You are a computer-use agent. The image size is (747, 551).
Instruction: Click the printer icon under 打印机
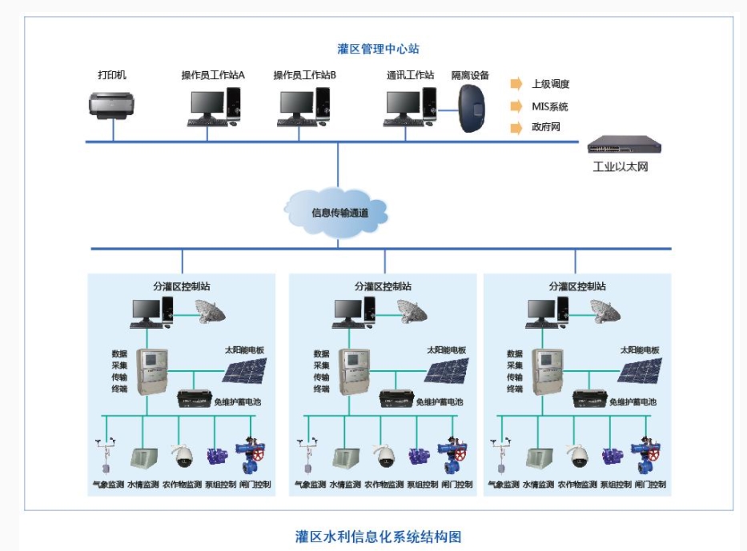112,105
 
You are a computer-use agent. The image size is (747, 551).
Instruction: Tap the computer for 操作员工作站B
304,106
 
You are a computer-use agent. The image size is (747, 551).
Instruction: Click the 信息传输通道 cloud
337,213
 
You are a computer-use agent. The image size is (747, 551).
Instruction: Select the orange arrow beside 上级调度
516,84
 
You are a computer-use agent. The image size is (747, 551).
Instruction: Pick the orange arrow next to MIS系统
516,106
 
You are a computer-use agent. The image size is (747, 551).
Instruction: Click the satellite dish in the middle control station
413,312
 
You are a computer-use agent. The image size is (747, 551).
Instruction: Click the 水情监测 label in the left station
143,485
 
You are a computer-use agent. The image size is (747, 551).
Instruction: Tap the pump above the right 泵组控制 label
612,457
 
